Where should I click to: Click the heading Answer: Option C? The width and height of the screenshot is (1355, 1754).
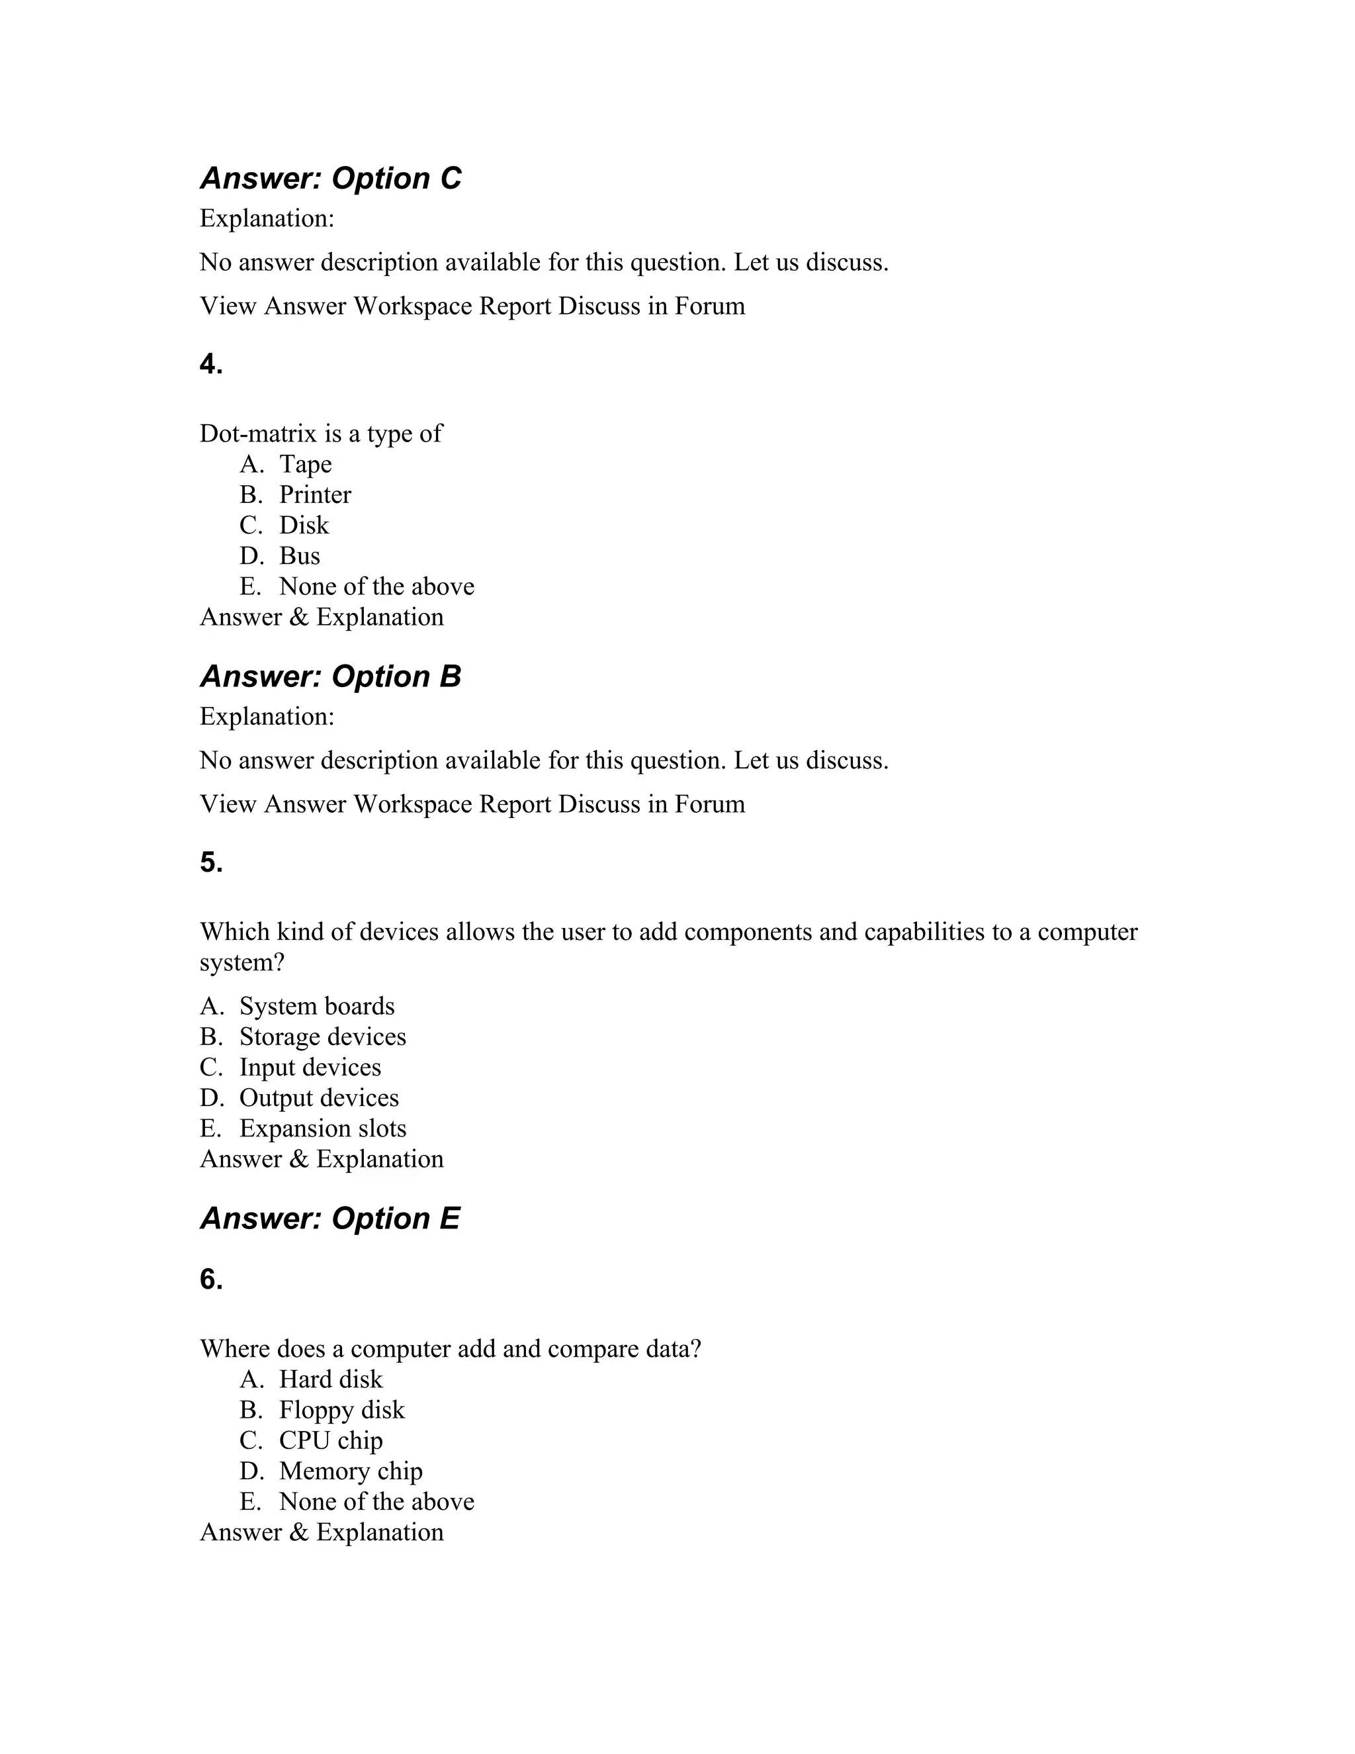(330, 178)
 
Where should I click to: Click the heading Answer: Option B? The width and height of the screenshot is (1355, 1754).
(330, 676)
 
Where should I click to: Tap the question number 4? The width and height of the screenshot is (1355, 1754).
(211, 365)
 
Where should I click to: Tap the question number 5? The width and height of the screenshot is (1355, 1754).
(211, 862)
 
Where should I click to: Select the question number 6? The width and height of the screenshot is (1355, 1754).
(211, 1279)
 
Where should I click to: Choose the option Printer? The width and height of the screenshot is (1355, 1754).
(315, 494)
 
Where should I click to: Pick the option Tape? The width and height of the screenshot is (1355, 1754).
(305, 464)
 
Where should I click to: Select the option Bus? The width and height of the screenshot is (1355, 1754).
(300, 556)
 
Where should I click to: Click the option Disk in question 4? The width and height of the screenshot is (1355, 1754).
(304, 526)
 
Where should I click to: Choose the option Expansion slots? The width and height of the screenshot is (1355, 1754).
(323, 1129)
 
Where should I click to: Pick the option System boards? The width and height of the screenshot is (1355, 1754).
(316, 1006)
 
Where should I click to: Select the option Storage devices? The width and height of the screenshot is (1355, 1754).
(323, 1037)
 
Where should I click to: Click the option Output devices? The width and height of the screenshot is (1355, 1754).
(319, 1098)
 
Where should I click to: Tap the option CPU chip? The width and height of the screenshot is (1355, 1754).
(331, 1440)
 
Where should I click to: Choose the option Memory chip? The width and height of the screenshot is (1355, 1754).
(350, 1471)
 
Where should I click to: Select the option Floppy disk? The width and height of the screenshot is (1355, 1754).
(341, 1409)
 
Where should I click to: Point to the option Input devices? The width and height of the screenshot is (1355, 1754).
(310, 1068)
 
